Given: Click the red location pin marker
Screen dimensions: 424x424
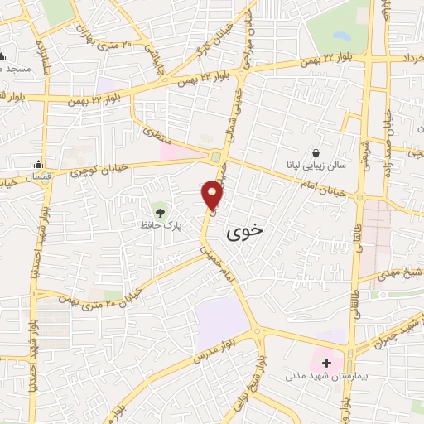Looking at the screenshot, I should [x=213, y=195].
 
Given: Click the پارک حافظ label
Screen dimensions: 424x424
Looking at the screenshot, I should [x=159, y=223].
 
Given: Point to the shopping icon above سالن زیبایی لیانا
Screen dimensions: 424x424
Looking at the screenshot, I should [x=316, y=152].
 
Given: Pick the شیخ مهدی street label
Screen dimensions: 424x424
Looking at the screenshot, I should [x=404, y=272].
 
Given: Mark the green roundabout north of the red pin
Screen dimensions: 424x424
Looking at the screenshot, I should [x=216, y=157].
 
